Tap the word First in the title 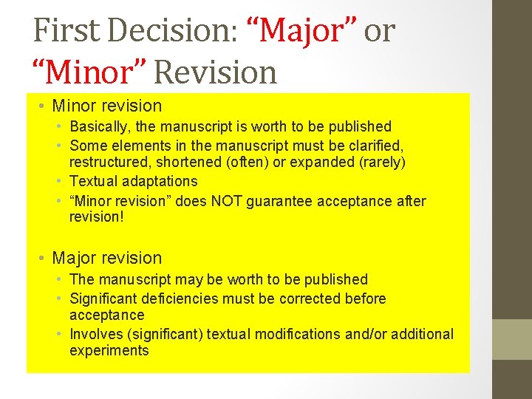(67, 31)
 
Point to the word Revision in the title (215, 72)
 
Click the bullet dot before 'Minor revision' (43, 106)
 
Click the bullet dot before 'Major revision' (43, 259)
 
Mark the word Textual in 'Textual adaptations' (94, 181)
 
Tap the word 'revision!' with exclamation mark (97, 217)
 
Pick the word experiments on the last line (109, 351)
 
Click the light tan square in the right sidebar (512, 339)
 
